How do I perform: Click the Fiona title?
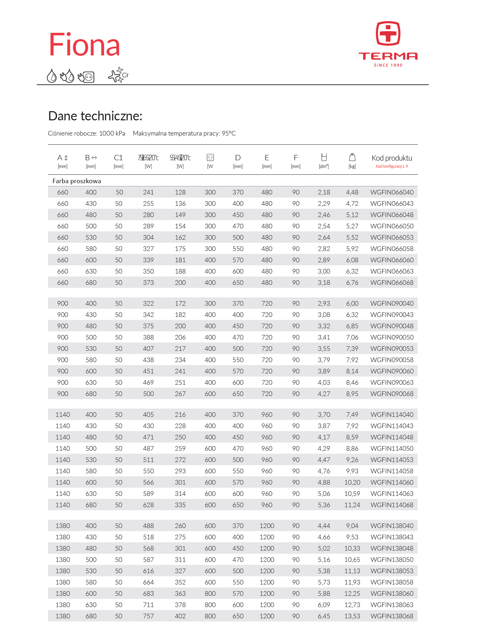tap(84, 45)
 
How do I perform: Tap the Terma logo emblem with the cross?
tap(388, 34)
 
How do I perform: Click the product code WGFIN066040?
tap(392, 192)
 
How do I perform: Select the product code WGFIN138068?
tap(392, 616)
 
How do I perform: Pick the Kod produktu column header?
tap(392, 158)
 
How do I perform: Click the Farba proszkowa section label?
tap(77, 181)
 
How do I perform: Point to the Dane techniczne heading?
tap(95, 116)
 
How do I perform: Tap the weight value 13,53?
tap(352, 616)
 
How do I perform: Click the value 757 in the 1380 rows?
tap(148, 616)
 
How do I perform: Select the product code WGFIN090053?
tap(392, 349)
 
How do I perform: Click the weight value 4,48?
tap(352, 192)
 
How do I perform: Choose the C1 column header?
tap(119, 158)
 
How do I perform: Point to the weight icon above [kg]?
tap(352, 157)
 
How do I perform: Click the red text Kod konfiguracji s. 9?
tap(392, 166)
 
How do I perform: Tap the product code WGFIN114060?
tap(392, 482)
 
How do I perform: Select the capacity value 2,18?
tap(324, 192)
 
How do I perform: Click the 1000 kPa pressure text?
tap(112, 133)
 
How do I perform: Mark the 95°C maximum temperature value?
tap(229, 133)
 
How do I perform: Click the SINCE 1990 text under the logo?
tap(388, 65)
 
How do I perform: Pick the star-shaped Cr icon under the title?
tap(118, 75)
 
